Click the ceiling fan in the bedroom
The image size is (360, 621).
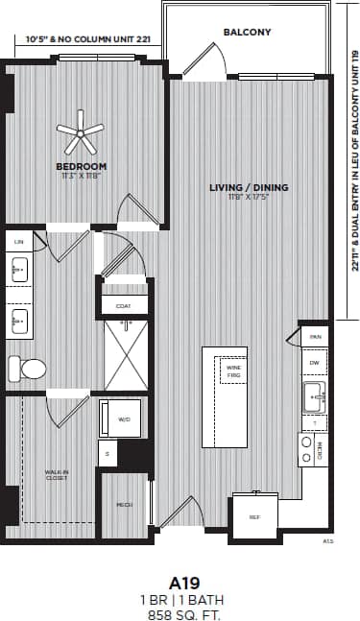click(x=80, y=132)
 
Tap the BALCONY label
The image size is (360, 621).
click(x=247, y=32)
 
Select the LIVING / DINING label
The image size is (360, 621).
click(x=249, y=187)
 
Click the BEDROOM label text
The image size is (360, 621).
click(x=81, y=166)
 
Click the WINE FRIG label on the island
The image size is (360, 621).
click(x=233, y=370)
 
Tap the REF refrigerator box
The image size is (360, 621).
click(x=254, y=516)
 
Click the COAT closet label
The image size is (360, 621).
click(x=123, y=306)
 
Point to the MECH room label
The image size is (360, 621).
click(x=123, y=503)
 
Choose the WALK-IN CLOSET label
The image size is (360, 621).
click(x=56, y=475)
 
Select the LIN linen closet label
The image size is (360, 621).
click(x=19, y=242)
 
